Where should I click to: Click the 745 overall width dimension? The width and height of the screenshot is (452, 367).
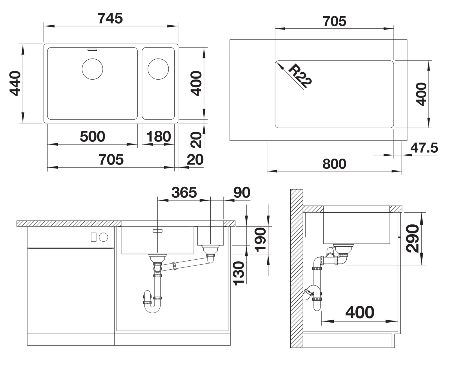point(110,18)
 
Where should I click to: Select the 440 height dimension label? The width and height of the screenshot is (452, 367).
point(15,84)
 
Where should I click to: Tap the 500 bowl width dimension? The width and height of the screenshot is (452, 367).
point(93,136)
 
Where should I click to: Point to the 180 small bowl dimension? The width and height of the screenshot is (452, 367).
point(159,136)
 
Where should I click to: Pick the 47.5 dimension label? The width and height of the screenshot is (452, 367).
point(424,148)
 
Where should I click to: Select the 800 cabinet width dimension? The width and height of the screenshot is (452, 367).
point(335,164)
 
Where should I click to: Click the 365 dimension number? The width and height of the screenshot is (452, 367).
point(184,192)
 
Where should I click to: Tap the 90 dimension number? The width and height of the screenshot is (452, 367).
point(242,192)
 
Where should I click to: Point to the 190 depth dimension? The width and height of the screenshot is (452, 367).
point(260,240)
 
